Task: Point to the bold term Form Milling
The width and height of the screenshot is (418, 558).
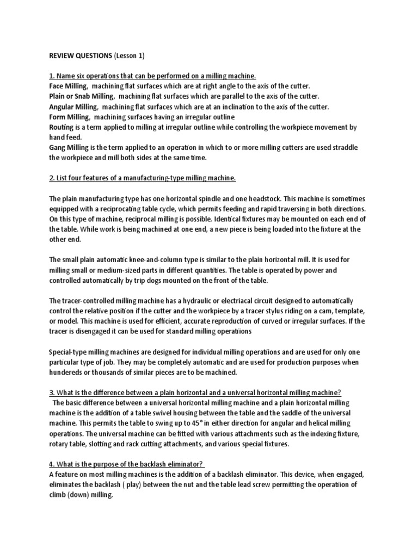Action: click(x=69, y=117)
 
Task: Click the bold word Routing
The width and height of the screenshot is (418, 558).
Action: click(x=61, y=128)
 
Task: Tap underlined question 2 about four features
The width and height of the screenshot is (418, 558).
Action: click(x=143, y=179)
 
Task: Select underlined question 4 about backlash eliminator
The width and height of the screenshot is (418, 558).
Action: click(x=127, y=464)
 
